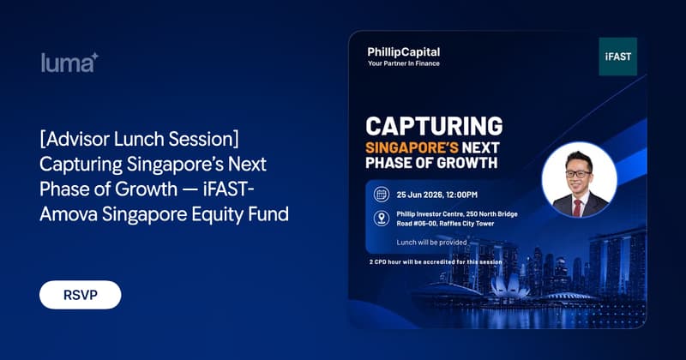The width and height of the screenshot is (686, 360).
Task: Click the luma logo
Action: (x=69, y=63)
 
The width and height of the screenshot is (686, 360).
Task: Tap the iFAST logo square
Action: (x=617, y=57)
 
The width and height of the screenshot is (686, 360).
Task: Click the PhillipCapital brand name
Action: (x=403, y=52)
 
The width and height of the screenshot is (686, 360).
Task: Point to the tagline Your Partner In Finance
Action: (x=403, y=63)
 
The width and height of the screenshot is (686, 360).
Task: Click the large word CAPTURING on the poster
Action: (x=434, y=126)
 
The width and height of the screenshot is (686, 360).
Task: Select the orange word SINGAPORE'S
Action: (x=406, y=147)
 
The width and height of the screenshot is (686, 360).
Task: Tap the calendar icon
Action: (x=382, y=195)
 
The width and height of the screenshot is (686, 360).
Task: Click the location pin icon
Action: (x=382, y=219)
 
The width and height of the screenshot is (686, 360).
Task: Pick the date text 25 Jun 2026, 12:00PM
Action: (x=437, y=195)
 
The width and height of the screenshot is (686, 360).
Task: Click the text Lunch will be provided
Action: (x=431, y=243)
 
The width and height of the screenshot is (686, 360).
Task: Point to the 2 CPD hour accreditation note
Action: (x=436, y=262)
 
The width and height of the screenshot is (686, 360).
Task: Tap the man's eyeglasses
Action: (x=578, y=174)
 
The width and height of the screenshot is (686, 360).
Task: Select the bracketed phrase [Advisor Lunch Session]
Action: (x=140, y=139)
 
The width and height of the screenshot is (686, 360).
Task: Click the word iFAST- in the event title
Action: (x=229, y=189)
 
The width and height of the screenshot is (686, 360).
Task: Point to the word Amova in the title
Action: (x=69, y=214)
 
